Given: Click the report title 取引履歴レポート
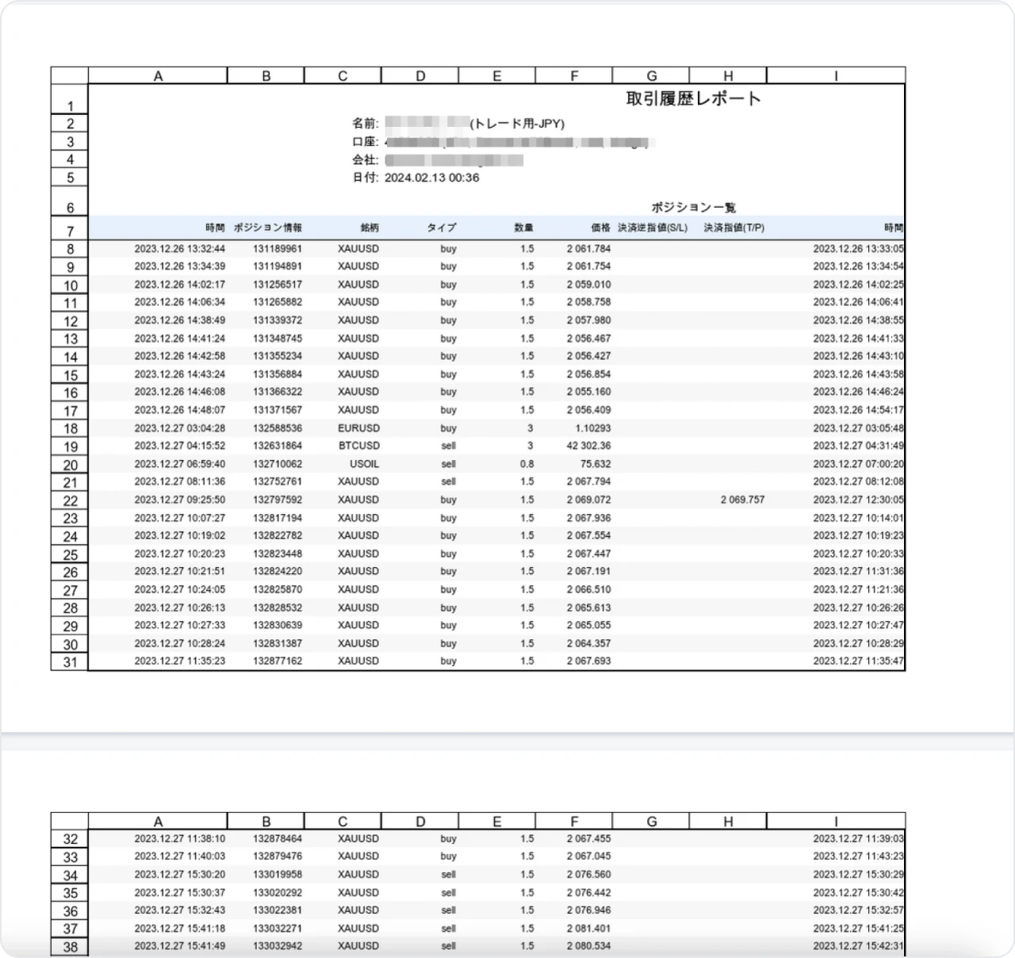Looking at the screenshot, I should (693, 99).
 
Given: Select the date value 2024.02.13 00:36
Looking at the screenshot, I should (431, 178).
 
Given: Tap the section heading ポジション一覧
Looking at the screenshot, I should (693, 207).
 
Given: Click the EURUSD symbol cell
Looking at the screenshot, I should (358, 428).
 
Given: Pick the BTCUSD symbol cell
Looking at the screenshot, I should (358, 446).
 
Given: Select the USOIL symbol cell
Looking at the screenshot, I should (364, 464).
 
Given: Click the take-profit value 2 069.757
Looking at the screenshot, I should (742, 500).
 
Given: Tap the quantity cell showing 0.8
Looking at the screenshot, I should (527, 464).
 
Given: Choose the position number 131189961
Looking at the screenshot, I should (278, 248).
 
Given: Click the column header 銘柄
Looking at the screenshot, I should (370, 228).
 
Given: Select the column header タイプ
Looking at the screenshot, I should (442, 228).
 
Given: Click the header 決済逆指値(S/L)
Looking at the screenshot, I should (653, 228).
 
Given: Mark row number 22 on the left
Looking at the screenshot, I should (70, 500).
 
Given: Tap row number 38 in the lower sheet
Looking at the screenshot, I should (70, 946).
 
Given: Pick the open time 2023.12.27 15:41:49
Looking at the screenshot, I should (179, 945).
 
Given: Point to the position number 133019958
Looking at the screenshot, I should (278, 874).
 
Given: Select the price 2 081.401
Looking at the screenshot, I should (588, 928).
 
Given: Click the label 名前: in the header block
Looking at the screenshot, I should (366, 124).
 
